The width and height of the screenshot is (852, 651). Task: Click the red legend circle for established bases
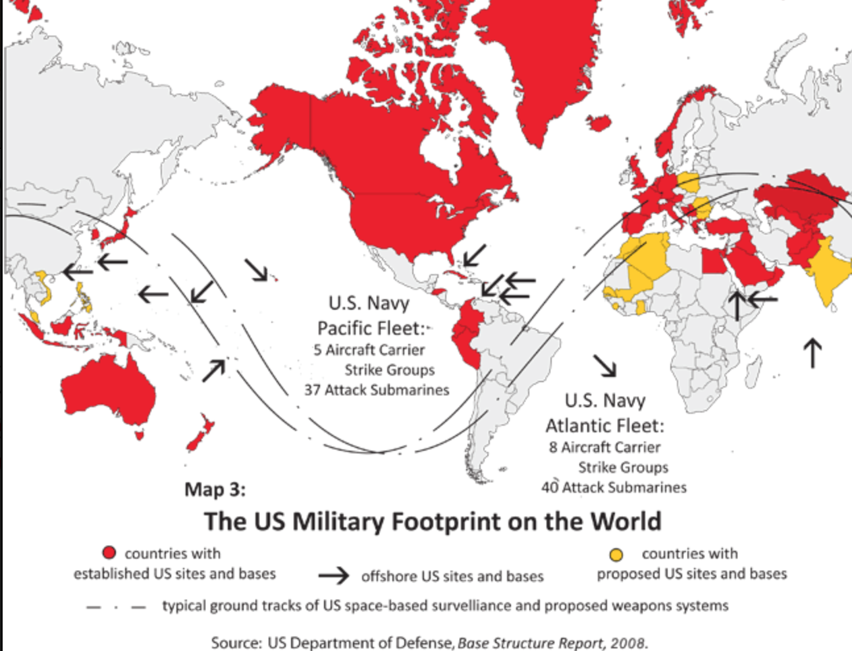(x=109, y=553)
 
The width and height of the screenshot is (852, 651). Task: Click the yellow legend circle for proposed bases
(x=616, y=553)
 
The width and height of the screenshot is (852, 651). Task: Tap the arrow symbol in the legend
(x=334, y=576)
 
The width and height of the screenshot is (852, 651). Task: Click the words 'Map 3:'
(x=215, y=490)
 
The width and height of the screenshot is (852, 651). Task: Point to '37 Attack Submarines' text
(x=377, y=390)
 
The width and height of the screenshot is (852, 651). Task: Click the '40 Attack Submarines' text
(x=614, y=488)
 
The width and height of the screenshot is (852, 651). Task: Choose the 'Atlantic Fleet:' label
(x=604, y=426)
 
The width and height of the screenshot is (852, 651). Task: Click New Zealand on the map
(x=200, y=432)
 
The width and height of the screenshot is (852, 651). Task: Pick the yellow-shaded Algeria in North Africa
(x=649, y=264)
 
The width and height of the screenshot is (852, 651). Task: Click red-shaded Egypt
(x=712, y=262)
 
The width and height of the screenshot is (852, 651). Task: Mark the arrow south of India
(x=813, y=353)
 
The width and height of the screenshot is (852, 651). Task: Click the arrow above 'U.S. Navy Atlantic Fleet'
(x=604, y=365)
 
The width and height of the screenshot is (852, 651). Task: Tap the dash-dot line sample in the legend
(x=116, y=607)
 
